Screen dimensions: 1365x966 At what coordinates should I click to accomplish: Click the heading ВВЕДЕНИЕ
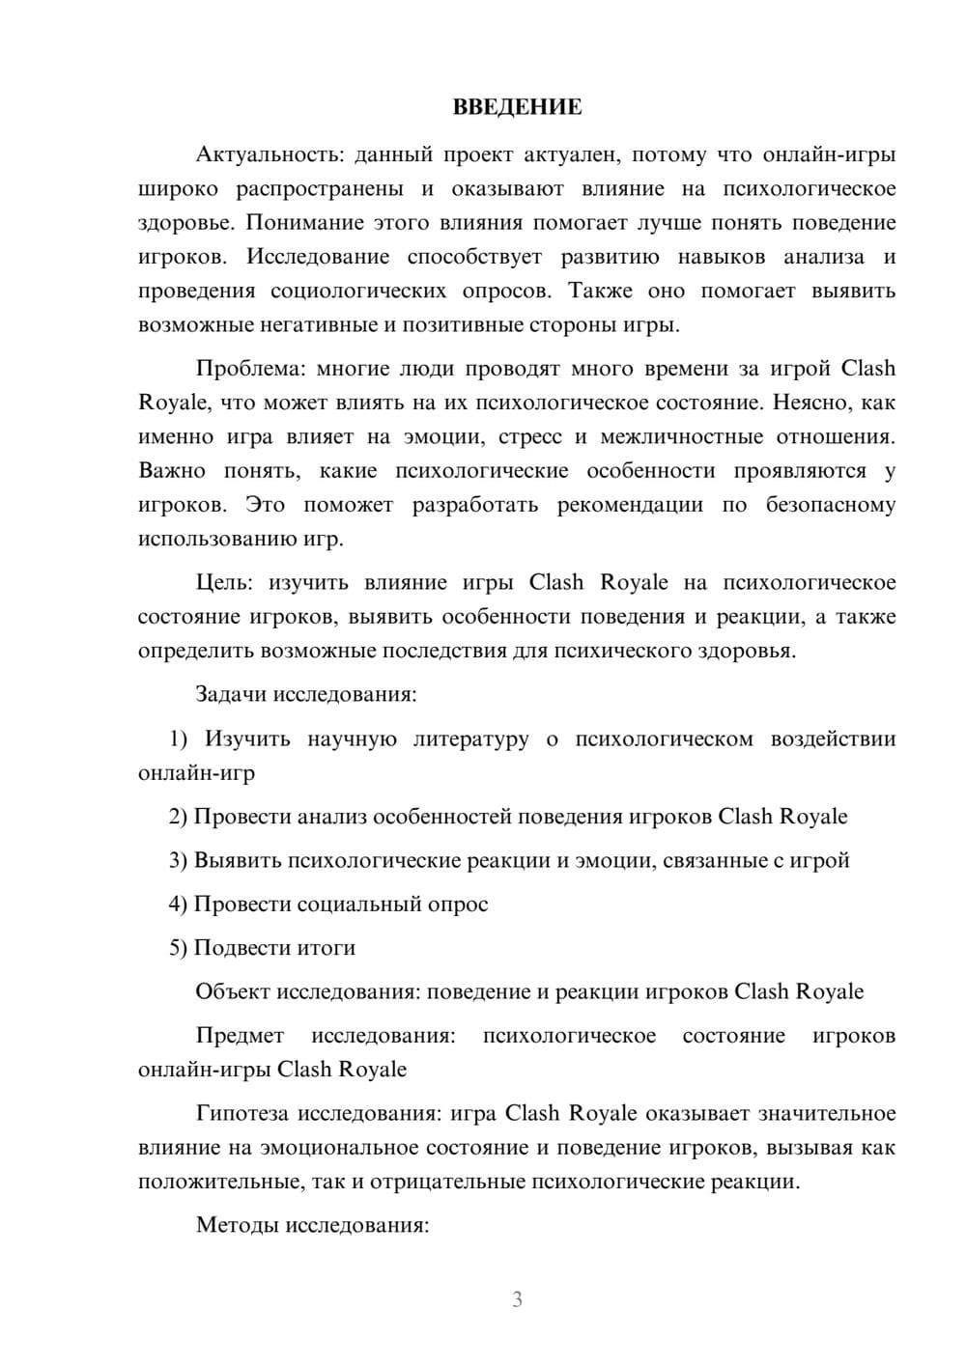[517, 107]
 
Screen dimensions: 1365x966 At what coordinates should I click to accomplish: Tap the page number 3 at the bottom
[517, 1299]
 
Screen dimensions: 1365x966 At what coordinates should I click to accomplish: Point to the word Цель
[224, 583]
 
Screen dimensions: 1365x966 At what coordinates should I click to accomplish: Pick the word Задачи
[232, 695]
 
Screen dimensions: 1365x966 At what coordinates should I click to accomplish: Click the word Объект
[233, 992]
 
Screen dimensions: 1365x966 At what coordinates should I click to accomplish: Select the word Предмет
[240, 1036]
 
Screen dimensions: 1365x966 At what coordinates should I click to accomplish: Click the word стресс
[529, 437]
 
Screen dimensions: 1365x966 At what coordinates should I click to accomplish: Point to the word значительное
[823, 1114]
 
